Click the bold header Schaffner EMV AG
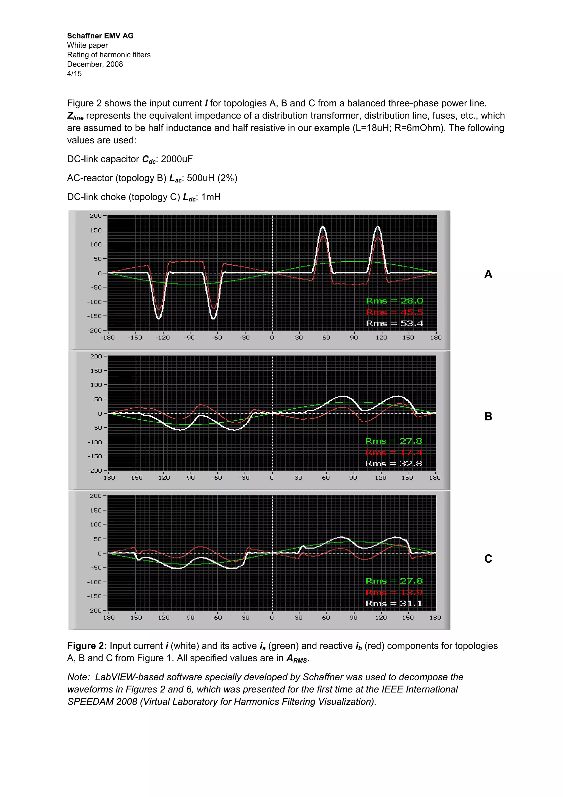coord(100,36)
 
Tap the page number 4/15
coord(74,73)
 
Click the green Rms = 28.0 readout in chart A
coord(394,301)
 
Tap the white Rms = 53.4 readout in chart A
coord(394,323)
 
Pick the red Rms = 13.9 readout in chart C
coord(394,592)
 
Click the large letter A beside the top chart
coord(488,274)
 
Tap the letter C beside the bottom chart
coord(488,558)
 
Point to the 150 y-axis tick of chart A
coord(96,230)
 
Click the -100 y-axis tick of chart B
coord(94,442)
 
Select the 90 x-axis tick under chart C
coord(353,618)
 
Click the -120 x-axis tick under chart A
coord(162,337)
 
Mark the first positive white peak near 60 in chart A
coord(323,227)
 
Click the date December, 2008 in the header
coord(95,64)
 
